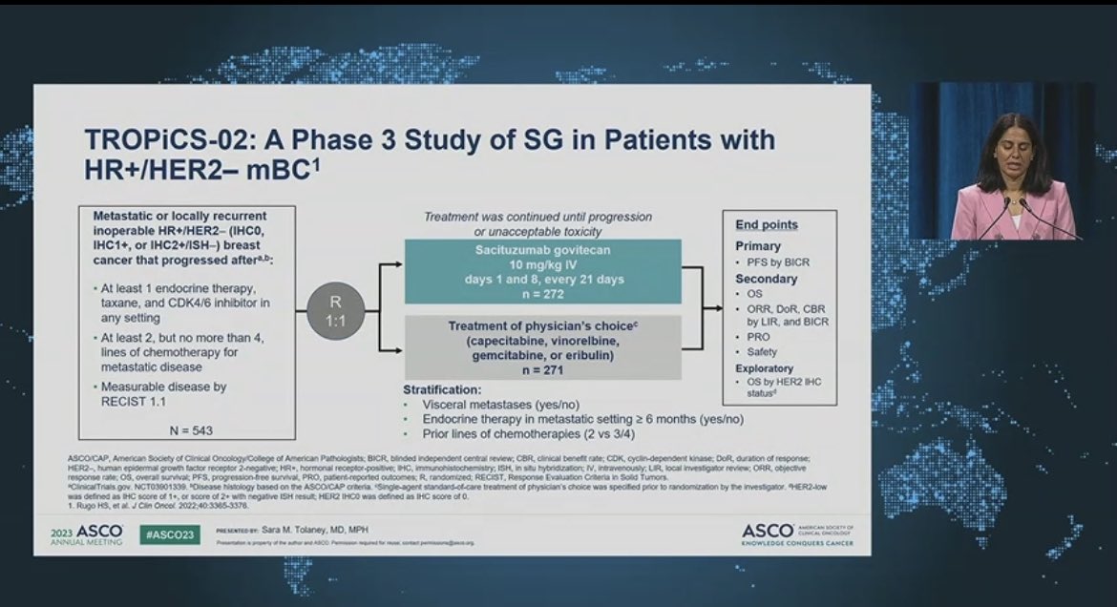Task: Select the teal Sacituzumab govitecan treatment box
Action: pyautogui.click(x=542, y=271)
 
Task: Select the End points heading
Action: pyautogui.click(x=767, y=225)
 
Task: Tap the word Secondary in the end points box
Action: pyautogui.click(x=766, y=280)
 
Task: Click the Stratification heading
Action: pyautogui.click(x=440, y=389)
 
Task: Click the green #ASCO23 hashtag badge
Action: pyautogui.click(x=167, y=535)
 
